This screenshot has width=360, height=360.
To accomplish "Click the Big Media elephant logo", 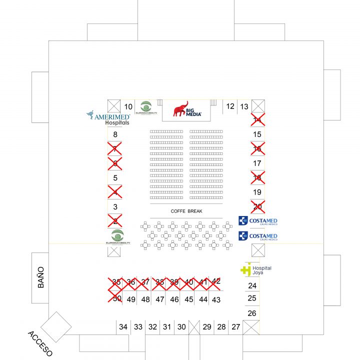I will (x=187, y=109).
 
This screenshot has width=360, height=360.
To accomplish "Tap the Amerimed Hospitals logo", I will (x=107, y=118).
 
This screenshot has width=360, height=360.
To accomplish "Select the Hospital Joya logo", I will (x=255, y=269).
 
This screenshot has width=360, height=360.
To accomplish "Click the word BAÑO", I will (x=40, y=277).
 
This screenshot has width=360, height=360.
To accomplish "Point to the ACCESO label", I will (x=40, y=343).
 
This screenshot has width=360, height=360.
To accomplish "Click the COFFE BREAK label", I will (x=186, y=211).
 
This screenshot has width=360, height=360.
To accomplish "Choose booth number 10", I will (x=128, y=106).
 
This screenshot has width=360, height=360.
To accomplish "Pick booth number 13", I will (x=244, y=106).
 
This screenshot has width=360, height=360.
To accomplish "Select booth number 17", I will (x=257, y=163).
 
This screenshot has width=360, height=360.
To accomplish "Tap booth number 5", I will (x=115, y=177).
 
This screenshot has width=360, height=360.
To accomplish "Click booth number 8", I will (x=115, y=134).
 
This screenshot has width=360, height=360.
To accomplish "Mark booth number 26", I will (x=252, y=313).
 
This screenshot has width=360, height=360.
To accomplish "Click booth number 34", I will (x=123, y=327).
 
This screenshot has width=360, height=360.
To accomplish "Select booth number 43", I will (x=216, y=300).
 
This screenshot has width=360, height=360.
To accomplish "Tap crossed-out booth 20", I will (x=257, y=206).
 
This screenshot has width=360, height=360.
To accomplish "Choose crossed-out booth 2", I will (x=115, y=221).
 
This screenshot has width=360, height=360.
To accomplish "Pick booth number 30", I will (x=181, y=327).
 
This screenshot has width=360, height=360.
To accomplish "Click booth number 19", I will (x=257, y=192).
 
